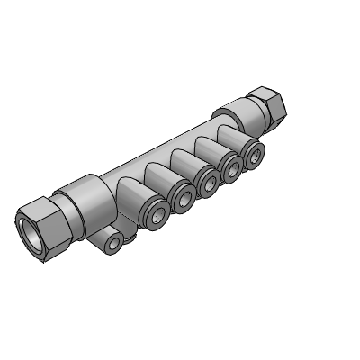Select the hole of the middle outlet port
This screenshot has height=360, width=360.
tap(211, 183)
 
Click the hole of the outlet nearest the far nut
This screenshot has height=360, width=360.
tap(256, 156)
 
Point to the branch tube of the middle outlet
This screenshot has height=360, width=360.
tap(197, 157)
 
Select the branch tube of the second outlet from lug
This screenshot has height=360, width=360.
tap(171, 172)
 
